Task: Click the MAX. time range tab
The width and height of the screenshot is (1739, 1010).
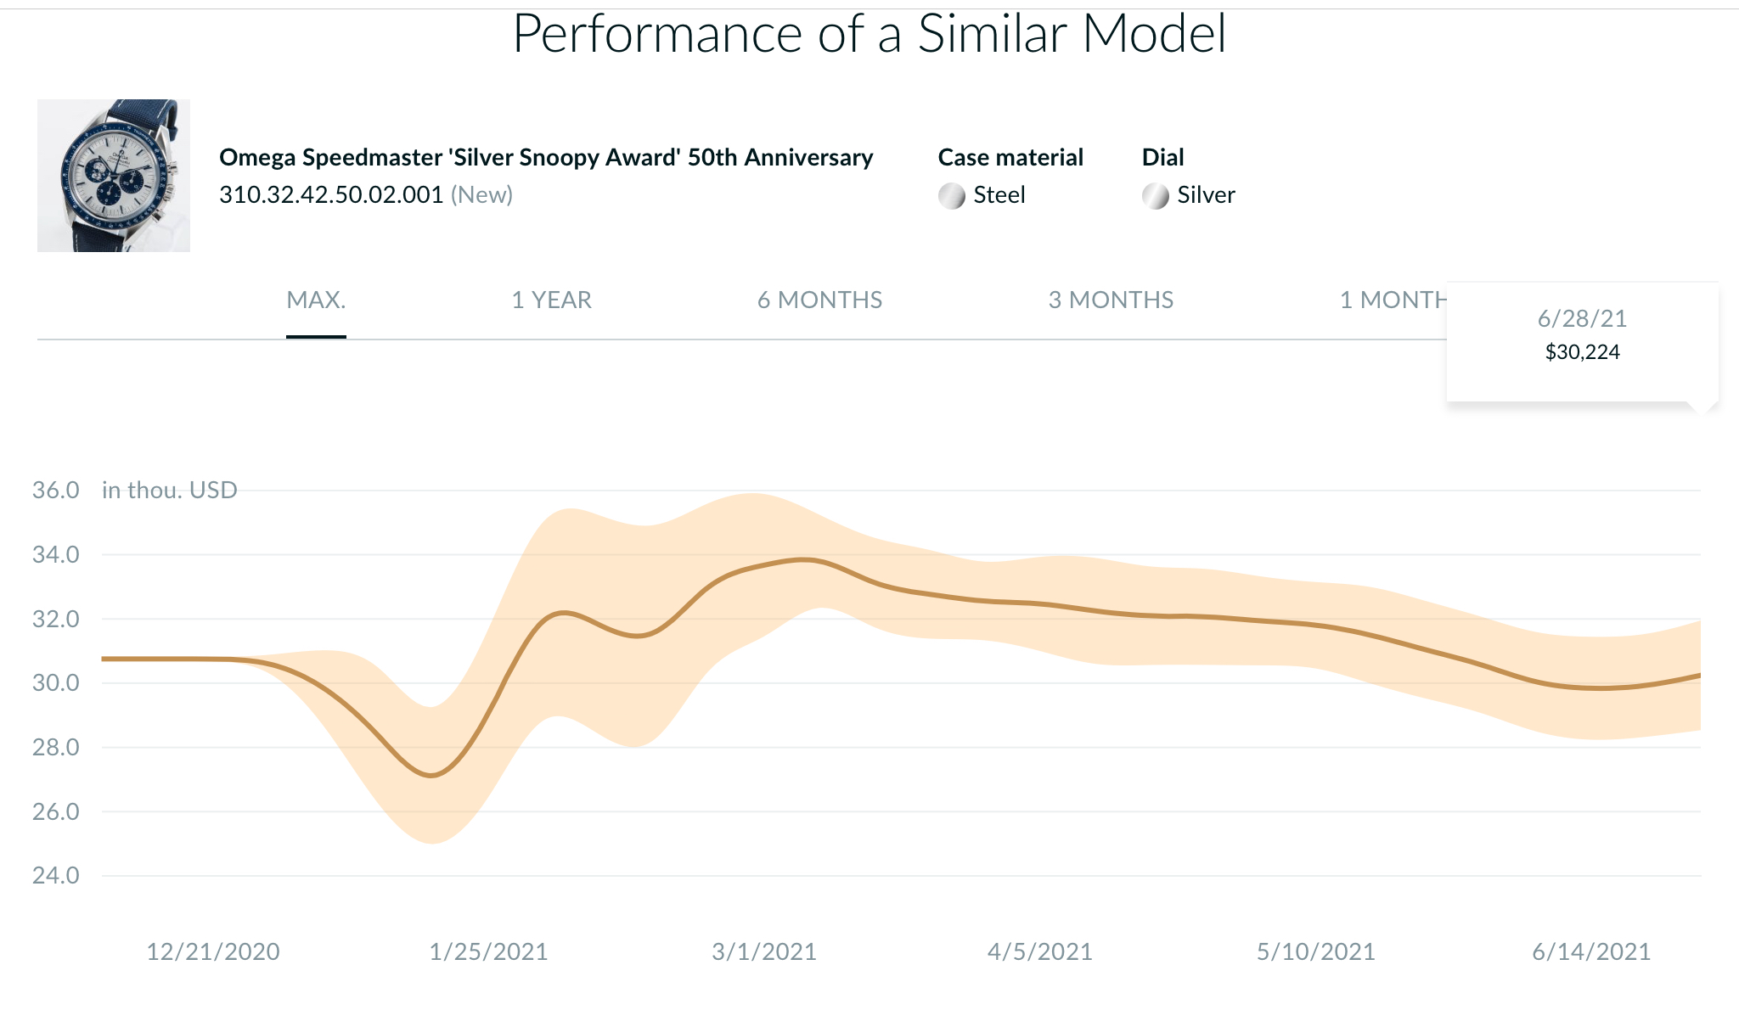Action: pyautogui.click(x=316, y=300)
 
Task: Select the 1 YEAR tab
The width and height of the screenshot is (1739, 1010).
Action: pyautogui.click(x=551, y=300)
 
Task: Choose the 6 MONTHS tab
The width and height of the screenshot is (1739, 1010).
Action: pyautogui.click(x=819, y=300)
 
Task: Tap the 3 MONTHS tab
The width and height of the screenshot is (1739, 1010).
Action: pyautogui.click(x=1111, y=300)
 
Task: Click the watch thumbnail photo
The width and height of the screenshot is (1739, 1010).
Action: pyautogui.click(x=114, y=176)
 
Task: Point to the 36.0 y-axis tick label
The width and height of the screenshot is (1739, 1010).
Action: pyautogui.click(x=56, y=491)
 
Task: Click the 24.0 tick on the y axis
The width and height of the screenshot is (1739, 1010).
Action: pyautogui.click(x=56, y=876)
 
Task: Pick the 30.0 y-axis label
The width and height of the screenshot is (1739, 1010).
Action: pyautogui.click(x=56, y=683)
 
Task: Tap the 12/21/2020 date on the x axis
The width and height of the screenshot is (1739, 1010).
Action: pyautogui.click(x=213, y=952)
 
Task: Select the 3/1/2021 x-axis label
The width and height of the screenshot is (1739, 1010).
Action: pyautogui.click(x=764, y=952)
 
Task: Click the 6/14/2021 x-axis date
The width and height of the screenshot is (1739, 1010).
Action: pyautogui.click(x=1591, y=952)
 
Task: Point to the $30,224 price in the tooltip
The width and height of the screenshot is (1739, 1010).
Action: pyautogui.click(x=1583, y=352)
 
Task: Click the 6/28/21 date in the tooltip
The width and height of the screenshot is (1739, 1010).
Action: pyautogui.click(x=1583, y=319)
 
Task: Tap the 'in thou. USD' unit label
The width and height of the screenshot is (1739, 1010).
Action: pyautogui.click(x=170, y=491)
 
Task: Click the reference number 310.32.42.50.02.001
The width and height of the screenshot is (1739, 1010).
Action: pyautogui.click(x=331, y=195)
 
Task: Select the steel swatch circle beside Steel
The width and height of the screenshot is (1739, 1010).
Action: pyautogui.click(x=952, y=196)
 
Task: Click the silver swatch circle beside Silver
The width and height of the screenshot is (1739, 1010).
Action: pyautogui.click(x=1156, y=196)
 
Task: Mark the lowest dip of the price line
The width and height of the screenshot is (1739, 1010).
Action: pyautogui.click(x=432, y=776)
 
